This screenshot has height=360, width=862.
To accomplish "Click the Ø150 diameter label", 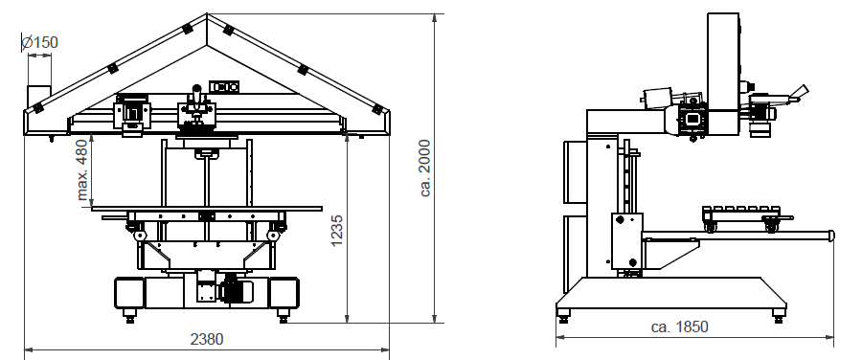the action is (x=39, y=42).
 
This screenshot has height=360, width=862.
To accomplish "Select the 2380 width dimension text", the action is (x=207, y=339).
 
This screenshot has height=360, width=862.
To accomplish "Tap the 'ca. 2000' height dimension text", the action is (x=425, y=168).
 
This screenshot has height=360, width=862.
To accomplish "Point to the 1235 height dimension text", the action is (x=337, y=231).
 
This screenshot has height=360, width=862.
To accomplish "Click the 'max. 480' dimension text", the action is (x=82, y=169).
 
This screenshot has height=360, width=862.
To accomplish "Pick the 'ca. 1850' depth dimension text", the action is (x=679, y=326).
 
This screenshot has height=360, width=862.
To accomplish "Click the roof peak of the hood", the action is (x=207, y=14).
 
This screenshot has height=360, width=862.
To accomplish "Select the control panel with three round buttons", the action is (x=224, y=87).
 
